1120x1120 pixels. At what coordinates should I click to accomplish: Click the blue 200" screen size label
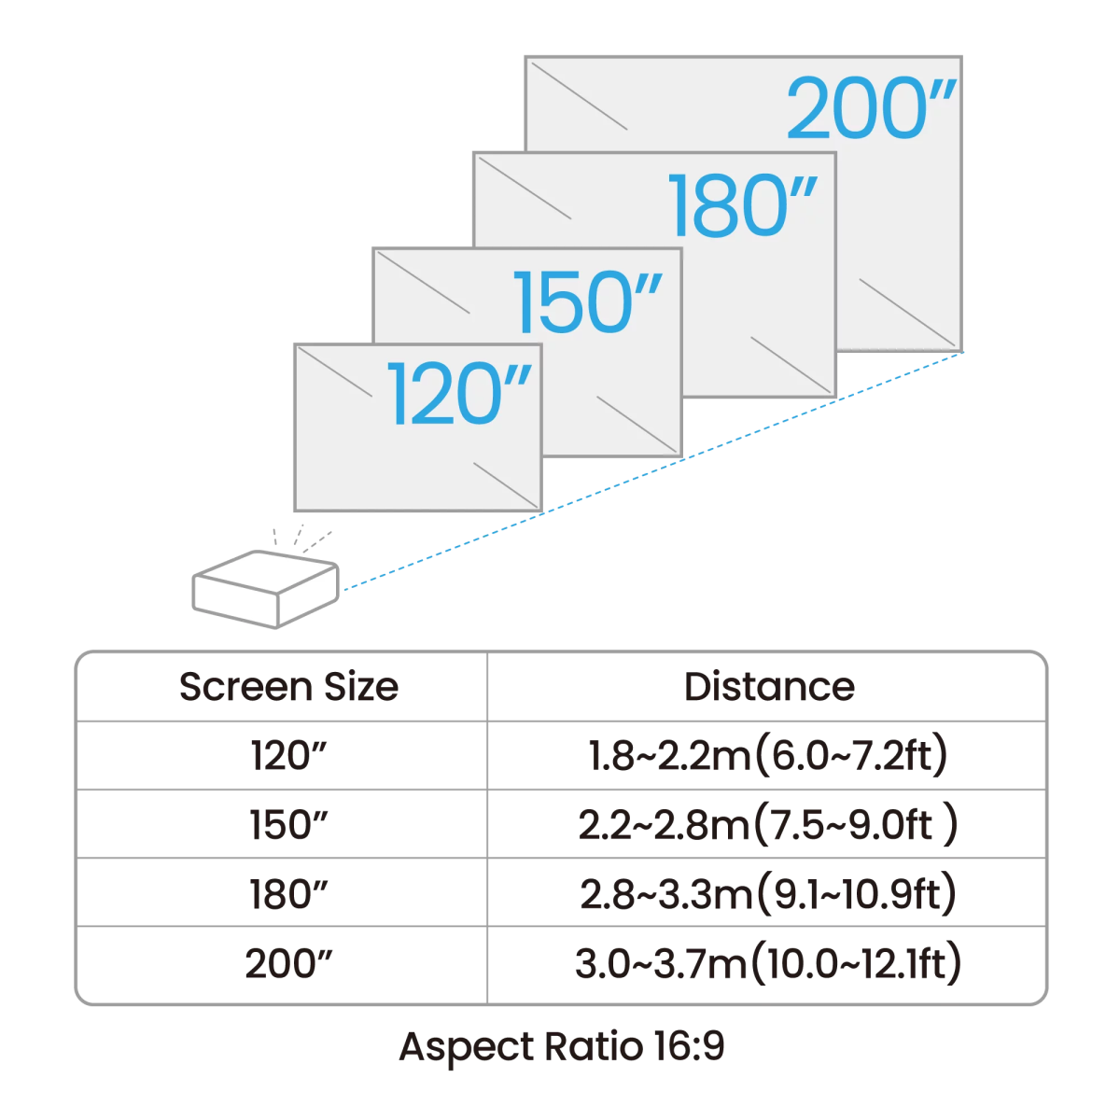pos(871,110)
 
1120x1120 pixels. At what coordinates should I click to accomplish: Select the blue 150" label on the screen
pos(588,302)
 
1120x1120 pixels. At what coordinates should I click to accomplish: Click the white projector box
pos(263,589)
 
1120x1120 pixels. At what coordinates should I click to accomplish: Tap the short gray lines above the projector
pos(296,536)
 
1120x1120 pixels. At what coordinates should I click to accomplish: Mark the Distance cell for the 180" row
pos(767,897)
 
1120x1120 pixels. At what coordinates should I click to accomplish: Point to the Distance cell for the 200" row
pos(767,966)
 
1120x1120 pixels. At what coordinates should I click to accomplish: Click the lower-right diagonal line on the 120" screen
pos(505,484)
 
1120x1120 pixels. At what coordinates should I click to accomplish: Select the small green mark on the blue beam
pos(818,417)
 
